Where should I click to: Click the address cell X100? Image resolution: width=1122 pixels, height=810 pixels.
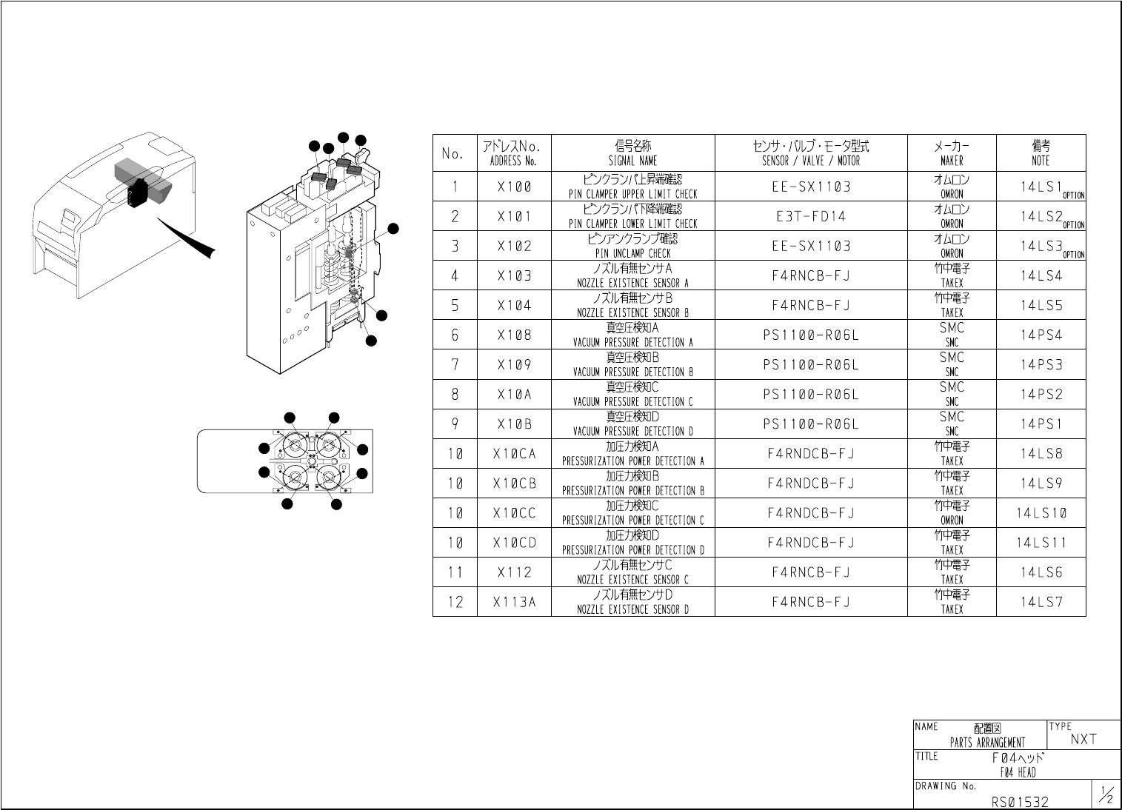514,187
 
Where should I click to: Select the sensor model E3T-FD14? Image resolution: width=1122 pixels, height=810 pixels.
811,217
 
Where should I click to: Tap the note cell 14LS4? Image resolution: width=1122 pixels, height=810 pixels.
1041,276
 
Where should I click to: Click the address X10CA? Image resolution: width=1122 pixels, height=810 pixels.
514,454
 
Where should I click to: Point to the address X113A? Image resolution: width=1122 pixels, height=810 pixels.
514,602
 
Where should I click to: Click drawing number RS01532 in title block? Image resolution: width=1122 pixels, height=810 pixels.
1020,802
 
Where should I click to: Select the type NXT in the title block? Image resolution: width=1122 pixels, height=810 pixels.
1083,739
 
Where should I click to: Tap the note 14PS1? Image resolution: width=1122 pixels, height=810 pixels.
1041,424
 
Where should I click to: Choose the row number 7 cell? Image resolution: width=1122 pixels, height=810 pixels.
455,365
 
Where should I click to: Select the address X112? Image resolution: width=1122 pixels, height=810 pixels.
514,572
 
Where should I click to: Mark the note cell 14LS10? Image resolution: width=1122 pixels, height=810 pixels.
1041,513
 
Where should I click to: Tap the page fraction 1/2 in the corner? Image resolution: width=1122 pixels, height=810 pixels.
1106,796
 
